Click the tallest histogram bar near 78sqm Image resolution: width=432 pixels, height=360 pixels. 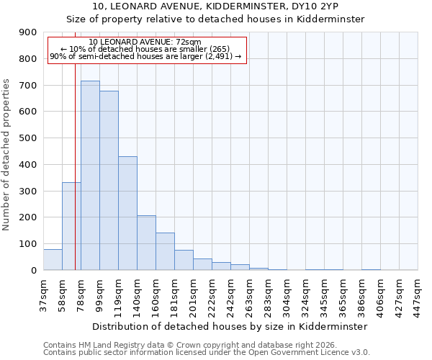pyautogui.click(x=90, y=176)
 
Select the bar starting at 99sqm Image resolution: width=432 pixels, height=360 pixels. pyautogui.click(x=109, y=181)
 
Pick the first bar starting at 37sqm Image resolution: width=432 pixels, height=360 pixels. pyautogui.click(x=53, y=260)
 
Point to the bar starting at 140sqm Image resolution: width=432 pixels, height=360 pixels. pyautogui.click(x=146, y=243)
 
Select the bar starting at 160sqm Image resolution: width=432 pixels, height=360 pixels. pyautogui.click(x=165, y=251)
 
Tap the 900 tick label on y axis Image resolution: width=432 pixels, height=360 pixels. pyautogui.click(x=28, y=32)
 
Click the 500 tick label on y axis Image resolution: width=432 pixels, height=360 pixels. pyautogui.click(x=28, y=138)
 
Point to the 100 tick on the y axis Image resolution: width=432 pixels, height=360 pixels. pyautogui.click(x=28, y=244)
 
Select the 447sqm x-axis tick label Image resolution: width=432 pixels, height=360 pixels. pyautogui.click(x=418, y=295)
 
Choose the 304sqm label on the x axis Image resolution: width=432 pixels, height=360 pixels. pyautogui.click(x=287, y=295)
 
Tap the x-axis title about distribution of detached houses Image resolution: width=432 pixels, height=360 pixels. pyautogui.click(x=230, y=326)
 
